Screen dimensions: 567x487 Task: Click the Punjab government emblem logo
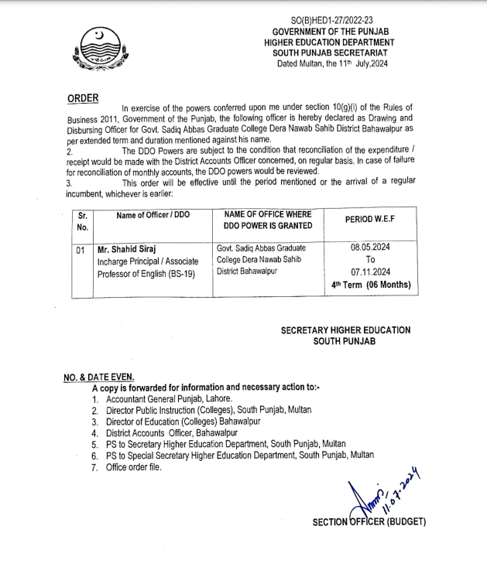[97, 50]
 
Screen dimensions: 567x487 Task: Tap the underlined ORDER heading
[84, 99]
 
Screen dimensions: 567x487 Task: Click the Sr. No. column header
[83, 221]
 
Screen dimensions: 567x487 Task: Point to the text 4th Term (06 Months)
[370, 285]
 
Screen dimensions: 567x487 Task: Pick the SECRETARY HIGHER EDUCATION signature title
[345, 330]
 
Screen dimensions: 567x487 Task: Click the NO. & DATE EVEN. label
[98, 377]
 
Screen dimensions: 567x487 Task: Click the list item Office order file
[135, 467]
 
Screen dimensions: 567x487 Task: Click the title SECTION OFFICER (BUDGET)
[369, 522]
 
